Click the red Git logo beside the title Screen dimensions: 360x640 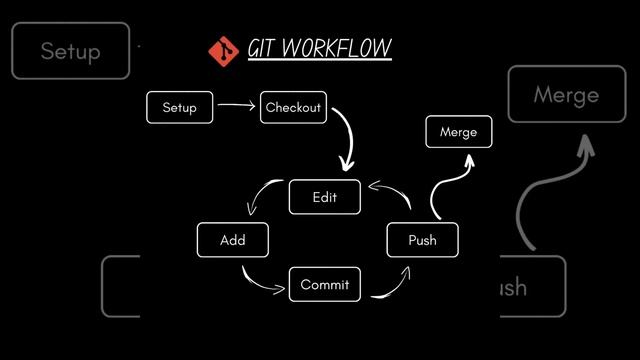(222, 49)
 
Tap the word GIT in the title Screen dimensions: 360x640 (264, 49)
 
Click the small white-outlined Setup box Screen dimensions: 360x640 (180, 108)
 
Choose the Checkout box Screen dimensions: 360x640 (295, 108)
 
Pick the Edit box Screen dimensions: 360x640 (324, 197)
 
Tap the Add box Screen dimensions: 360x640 (233, 240)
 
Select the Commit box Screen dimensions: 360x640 (324, 285)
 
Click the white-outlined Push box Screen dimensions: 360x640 (422, 240)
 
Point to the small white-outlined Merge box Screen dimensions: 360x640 (459, 132)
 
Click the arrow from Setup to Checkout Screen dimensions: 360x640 (236, 106)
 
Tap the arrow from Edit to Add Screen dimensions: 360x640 (263, 195)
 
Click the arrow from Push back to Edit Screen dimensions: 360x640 (392, 192)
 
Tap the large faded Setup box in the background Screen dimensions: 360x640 (71, 51)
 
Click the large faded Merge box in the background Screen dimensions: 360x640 (567, 95)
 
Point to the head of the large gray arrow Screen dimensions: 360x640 (585, 146)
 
